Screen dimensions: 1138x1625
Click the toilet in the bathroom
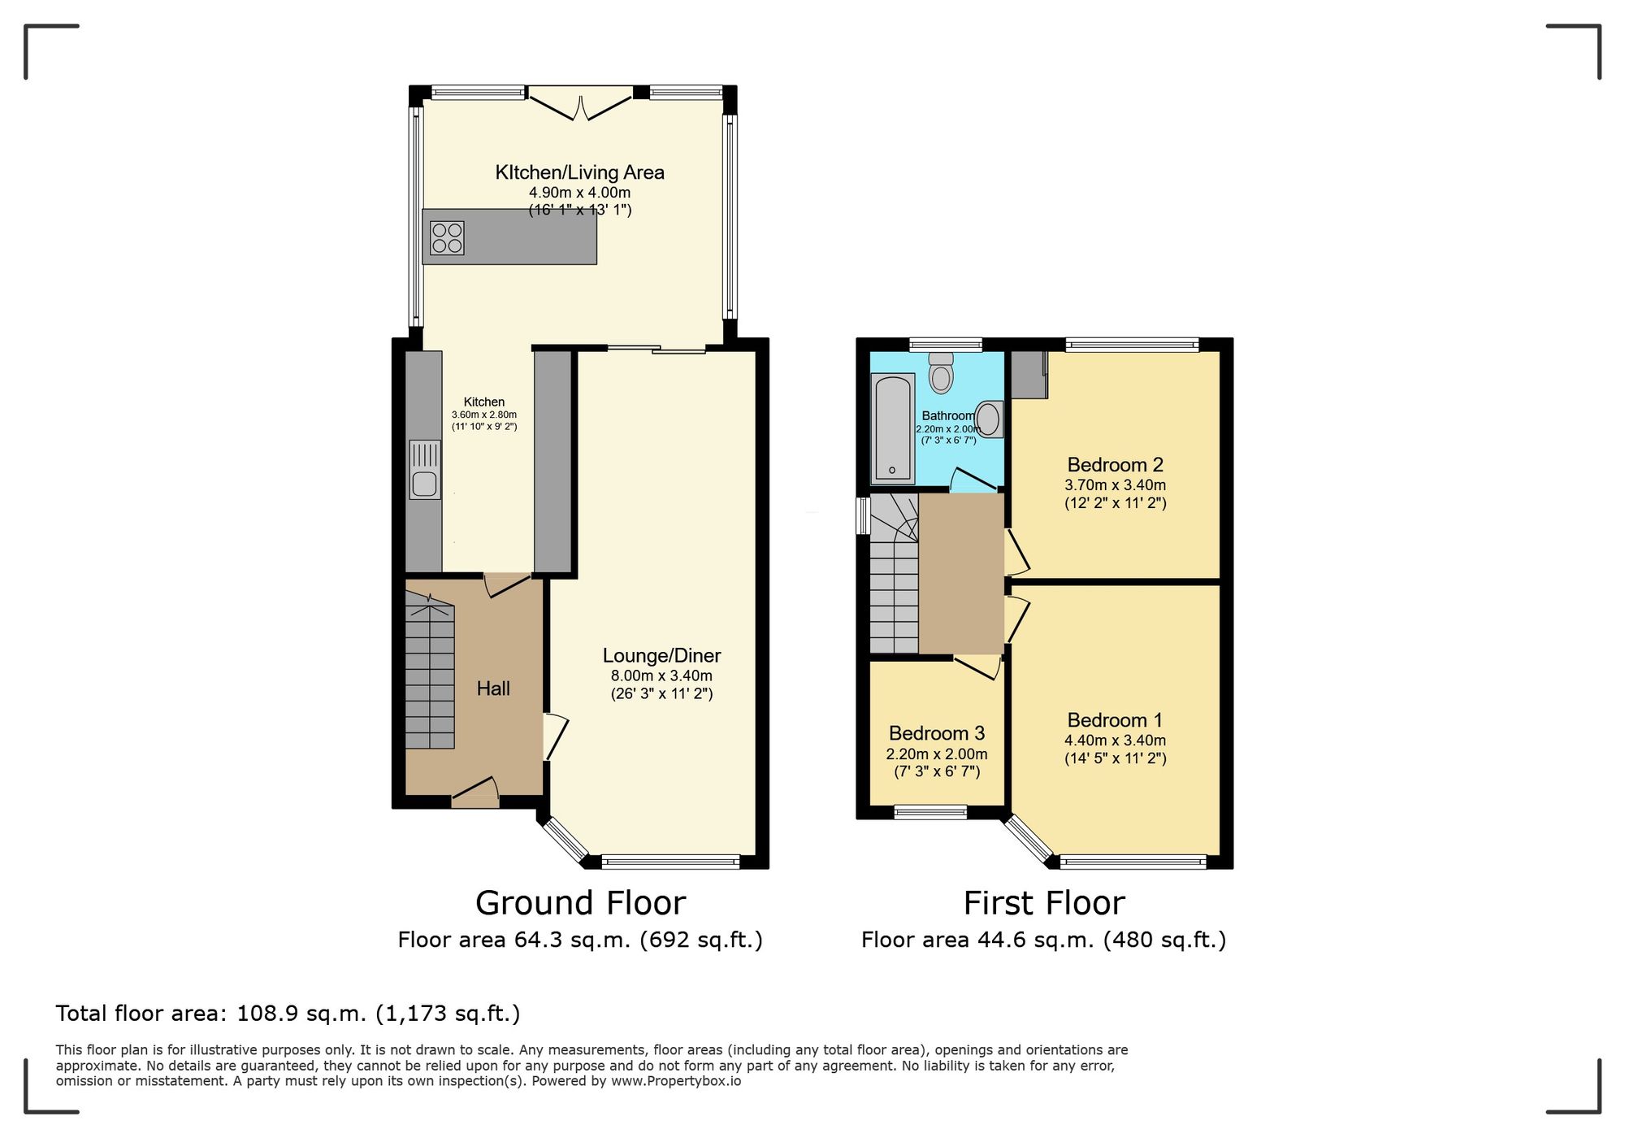tap(941, 374)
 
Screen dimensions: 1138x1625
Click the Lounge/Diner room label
tap(661, 655)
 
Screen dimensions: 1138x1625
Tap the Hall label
tap(493, 688)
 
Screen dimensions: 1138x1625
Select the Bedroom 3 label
tap(936, 733)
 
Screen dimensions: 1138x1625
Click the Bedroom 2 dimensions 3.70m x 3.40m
tap(1115, 485)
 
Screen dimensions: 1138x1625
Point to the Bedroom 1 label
tap(1115, 720)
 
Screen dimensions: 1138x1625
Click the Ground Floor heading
tap(580, 903)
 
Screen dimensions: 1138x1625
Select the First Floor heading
tap(1043, 903)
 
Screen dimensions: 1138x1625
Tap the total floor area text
tap(288, 1014)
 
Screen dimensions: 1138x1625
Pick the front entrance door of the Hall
tap(475, 795)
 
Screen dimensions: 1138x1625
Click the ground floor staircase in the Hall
tap(430, 675)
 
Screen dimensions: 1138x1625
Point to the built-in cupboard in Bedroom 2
tap(1029, 375)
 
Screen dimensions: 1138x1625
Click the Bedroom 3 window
tap(930, 811)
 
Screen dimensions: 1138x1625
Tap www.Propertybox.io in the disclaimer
tap(675, 1082)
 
